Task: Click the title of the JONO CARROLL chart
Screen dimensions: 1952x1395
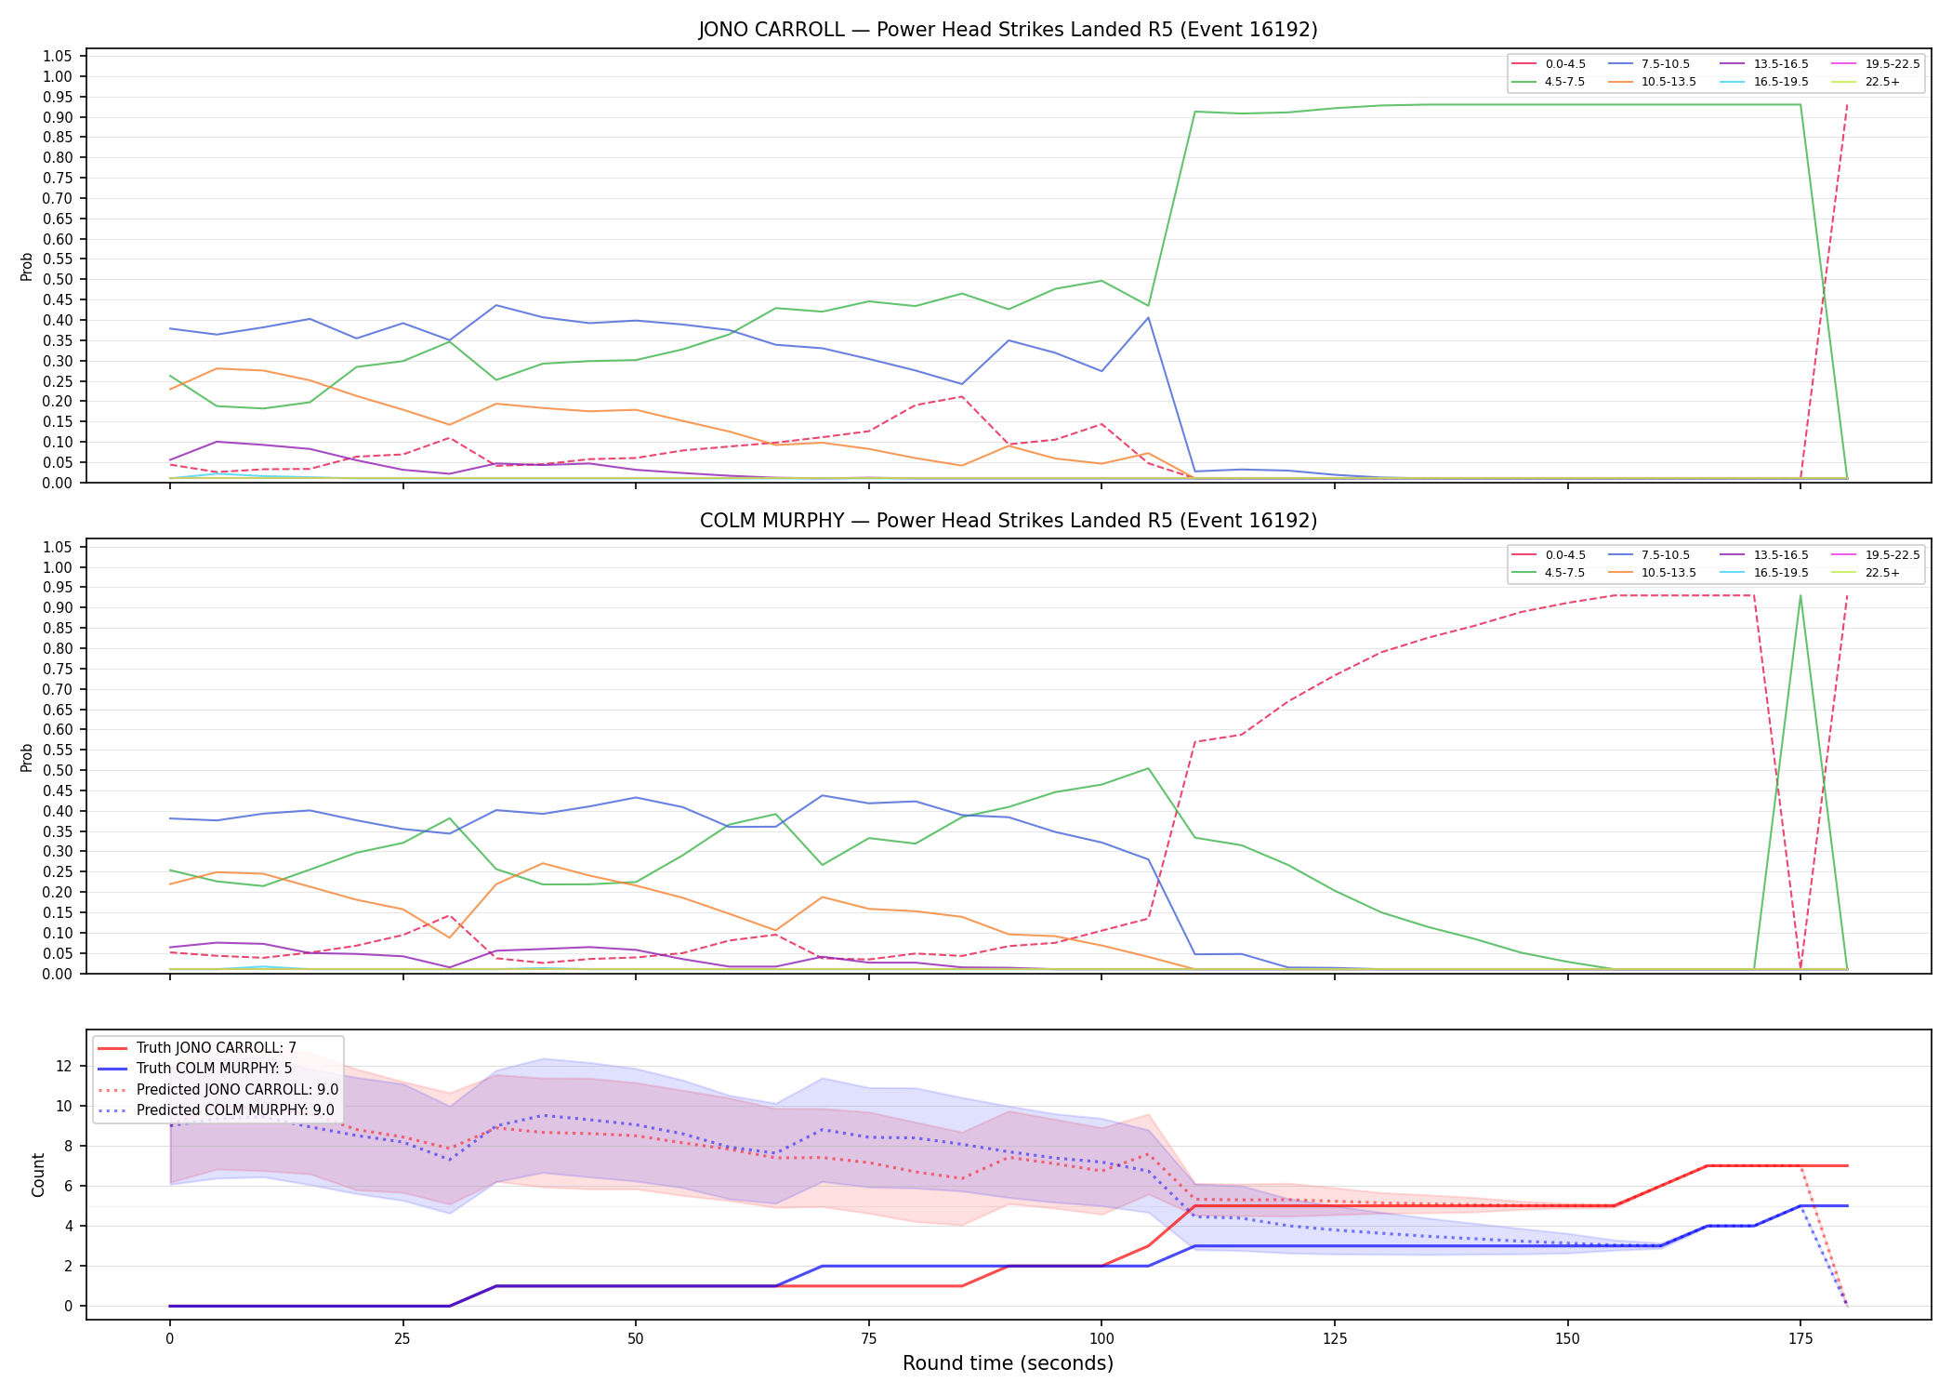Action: point(1008,30)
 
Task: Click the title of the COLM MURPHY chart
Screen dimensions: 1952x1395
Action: point(1008,521)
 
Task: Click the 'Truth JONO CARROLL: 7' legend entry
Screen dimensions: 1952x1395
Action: point(197,1048)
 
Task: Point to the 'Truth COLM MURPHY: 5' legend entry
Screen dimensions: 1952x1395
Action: point(195,1069)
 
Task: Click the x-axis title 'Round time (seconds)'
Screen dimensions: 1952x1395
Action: point(1008,1363)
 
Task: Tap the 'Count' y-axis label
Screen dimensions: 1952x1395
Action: point(38,1175)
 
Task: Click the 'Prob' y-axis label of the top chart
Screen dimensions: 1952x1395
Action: point(27,267)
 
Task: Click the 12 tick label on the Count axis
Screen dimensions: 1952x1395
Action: point(64,1066)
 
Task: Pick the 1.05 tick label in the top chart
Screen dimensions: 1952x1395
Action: point(58,57)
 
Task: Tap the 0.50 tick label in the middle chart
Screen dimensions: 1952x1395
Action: point(58,770)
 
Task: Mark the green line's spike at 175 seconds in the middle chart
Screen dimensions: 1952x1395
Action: point(1800,596)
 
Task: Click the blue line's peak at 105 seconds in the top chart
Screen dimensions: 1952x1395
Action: point(1148,318)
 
